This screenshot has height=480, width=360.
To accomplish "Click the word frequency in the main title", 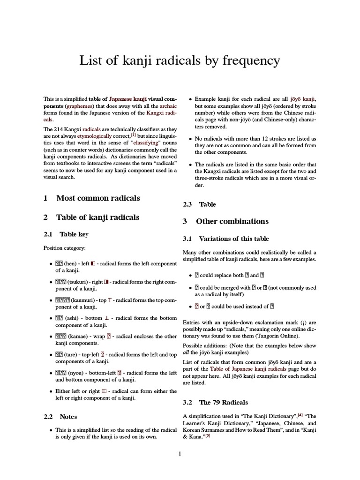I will point(249,60).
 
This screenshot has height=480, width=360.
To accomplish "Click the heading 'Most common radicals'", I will point(98,198).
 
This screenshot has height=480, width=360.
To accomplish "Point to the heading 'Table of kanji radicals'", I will point(97,217).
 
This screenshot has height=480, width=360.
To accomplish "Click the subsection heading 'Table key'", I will point(74,234).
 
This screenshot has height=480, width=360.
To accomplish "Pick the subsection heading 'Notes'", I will point(68,416).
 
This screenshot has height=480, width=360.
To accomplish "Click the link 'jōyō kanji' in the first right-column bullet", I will point(303,99).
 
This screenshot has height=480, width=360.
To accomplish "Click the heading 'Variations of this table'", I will point(234,239).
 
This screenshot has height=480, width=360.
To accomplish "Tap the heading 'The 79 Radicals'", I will point(224,402).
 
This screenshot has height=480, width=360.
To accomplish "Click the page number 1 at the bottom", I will point(180,454).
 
